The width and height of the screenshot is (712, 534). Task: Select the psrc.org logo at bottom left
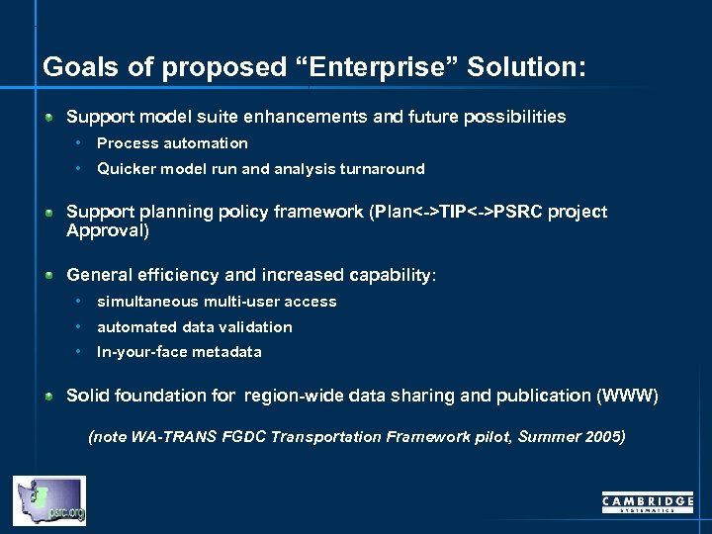coord(49,500)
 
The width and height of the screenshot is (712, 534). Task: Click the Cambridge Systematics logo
coord(648,503)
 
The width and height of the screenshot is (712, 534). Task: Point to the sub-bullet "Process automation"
coord(172,143)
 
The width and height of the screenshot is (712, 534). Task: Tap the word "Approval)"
coord(108,230)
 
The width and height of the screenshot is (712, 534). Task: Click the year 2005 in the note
coord(605,436)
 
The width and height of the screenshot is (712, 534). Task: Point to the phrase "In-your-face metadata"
coord(179,352)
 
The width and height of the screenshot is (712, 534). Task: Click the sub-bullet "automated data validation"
coord(195,327)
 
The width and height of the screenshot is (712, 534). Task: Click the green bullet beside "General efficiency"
coord(48,276)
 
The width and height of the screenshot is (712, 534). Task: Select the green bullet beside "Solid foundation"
coord(48,397)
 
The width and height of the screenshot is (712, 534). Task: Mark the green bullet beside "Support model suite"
coord(48,118)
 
